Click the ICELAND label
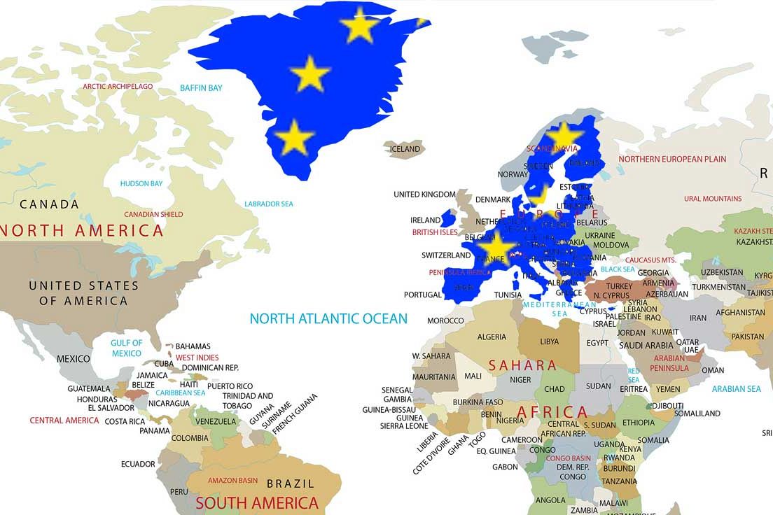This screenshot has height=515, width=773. pyautogui.click(x=405, y=149)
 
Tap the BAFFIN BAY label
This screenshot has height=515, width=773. pyautogui.click(x=201, y=88)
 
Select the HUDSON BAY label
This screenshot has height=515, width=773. pyautogui.click(x=141, y=184)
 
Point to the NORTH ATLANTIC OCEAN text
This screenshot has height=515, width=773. pyautogui.click(x=328, y=319)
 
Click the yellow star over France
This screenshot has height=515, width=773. pyautogui.click(x=496, y=248)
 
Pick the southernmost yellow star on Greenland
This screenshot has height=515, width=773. pyautogui.click(x=294, y=137)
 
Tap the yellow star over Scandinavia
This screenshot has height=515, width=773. pyautogui.click(x=564, y=135)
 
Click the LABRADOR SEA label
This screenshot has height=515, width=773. pyautogui.click(x=269, y=204)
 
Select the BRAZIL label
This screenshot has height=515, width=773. pyautogui.click(x=290, y=484)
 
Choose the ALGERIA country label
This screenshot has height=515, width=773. pyautogui.click(x=492, y=337)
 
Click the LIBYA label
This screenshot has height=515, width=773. pyautogui.click(x=550, y=342)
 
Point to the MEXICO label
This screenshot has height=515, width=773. pyautogui.click(x=74, y=359)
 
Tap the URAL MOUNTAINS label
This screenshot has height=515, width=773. pyautogui.click(x=713, y=199)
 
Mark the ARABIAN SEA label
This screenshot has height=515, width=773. pyautogui.click(x=736, y=389)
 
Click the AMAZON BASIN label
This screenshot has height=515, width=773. pyautogui.click(x=233, y=481)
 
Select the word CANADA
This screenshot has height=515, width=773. pyautogui.click(x=49, y=204)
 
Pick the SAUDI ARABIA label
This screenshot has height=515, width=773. pyautogui.click(x=646, y=345)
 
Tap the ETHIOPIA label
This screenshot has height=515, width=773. pyautogui.click(x=639, y=423)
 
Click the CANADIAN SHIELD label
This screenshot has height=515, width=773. pyautogui.click(x=153, y=215)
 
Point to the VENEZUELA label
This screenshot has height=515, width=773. pyautogui.click(x=216, y=422)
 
